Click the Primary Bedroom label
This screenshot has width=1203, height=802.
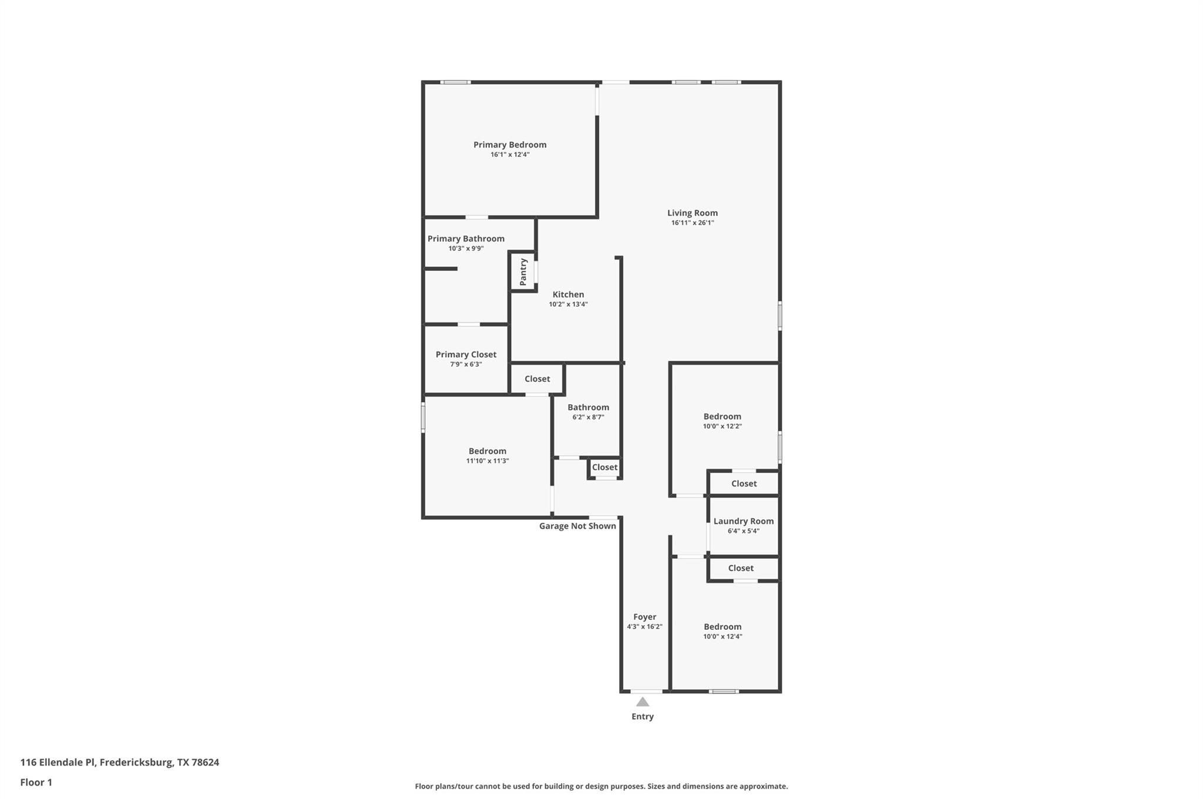(510, 145)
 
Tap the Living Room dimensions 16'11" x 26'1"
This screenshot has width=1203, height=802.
(692, 223)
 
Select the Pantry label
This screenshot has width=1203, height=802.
(523, 272)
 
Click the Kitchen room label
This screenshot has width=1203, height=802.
(568, 294)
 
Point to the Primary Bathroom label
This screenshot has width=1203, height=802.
(466, 239)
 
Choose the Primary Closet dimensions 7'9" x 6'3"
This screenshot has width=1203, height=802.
(466, 364)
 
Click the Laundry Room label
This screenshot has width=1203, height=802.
(743, 521)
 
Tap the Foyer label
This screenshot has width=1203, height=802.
(644, 617)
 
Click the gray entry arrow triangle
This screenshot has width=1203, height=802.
(643, 702)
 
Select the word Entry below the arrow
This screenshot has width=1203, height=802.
(642, 716)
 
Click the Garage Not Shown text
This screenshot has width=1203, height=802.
(577, 526)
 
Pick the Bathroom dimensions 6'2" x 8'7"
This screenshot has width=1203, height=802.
(588, 417)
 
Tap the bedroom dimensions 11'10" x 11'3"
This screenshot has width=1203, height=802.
(487, 461)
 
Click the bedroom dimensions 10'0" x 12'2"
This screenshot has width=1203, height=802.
(722, 426)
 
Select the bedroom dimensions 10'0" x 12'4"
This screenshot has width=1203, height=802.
(723, 636)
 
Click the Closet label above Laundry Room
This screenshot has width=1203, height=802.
(744, 484)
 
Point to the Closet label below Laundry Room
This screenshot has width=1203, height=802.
(740, 568)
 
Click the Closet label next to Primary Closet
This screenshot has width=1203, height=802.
(537, 379)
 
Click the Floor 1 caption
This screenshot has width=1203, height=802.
(36, 782)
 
